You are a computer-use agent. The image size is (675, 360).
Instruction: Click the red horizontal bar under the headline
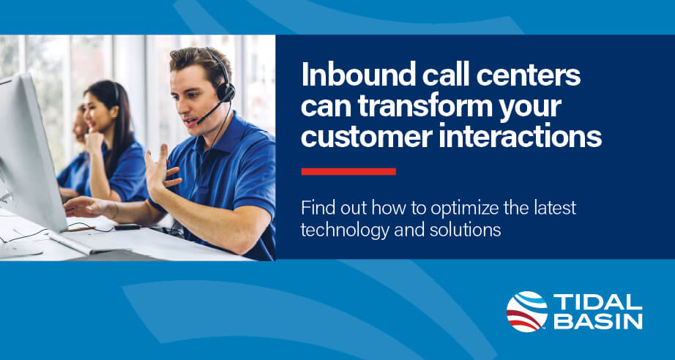[x=348, y=171]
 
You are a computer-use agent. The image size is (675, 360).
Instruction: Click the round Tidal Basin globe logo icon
[x=526, y=311]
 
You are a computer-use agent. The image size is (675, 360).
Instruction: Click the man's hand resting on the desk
[x=84, y=207]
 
